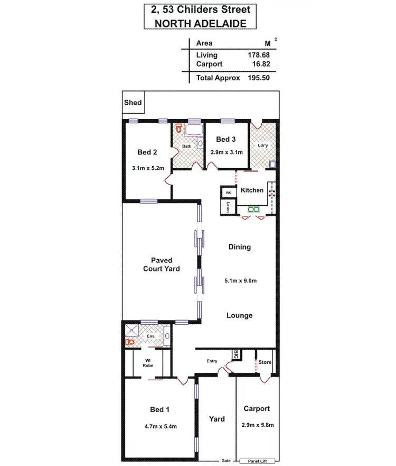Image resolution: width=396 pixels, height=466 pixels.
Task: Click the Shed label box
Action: point(133,102)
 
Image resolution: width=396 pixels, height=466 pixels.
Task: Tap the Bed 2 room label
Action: point(147,152)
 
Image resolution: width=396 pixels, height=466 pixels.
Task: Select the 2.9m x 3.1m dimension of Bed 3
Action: point(226,152)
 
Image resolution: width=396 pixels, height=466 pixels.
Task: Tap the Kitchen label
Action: point(252,190)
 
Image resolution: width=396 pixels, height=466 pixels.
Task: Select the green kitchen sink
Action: point(254,209)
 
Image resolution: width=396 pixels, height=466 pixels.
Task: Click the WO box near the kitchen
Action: point(229,193)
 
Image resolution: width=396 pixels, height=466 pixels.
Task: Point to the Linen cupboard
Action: point(229,207)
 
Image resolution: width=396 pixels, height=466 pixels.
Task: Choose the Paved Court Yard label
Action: point(162,264)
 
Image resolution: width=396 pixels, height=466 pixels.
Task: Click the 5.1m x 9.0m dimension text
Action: point(240,281)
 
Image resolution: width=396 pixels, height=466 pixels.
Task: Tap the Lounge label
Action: point(239,315)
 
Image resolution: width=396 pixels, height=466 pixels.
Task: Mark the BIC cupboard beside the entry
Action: point(237,354)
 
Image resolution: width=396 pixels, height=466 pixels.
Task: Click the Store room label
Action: point(265,362)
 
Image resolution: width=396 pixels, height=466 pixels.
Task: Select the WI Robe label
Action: point(148,363)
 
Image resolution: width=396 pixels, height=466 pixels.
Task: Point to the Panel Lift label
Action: point(257,461)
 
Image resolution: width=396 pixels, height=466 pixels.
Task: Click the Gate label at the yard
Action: point(225,461)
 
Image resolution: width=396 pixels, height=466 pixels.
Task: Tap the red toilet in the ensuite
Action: point(130,342)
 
